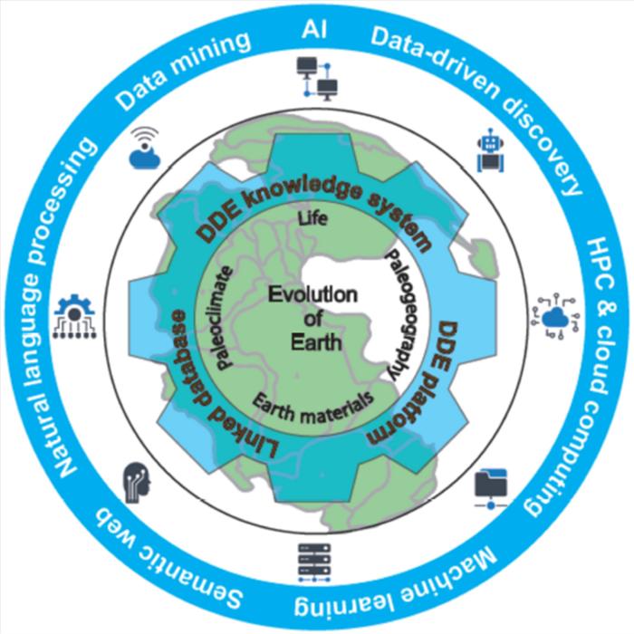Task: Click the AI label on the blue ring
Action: [317, 31]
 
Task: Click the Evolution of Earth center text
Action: [316, 317]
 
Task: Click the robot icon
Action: [489, 148]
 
